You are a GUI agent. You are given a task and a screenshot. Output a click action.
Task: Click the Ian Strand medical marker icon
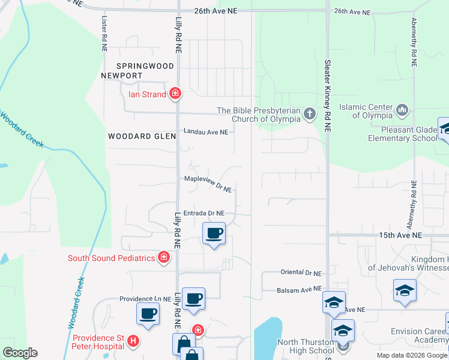coord(175,93)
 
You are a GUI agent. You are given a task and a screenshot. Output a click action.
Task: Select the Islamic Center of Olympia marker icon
coord(402,110)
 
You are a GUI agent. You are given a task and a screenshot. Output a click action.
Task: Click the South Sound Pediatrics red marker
coord(163,258)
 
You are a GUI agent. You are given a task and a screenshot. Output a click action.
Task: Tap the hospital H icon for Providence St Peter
coord(134,341)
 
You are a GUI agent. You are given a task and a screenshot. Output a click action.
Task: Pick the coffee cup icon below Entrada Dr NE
coord(214,233)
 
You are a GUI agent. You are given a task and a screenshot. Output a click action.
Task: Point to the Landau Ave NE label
coord(206,132)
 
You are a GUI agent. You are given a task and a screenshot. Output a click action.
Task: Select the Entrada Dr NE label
coord(204,213)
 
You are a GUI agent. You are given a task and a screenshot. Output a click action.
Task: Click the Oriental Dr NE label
coord(301,272)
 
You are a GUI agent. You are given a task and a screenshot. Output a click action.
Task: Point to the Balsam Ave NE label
coord(300,289)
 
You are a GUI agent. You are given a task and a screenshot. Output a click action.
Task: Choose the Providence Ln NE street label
coord(145,299)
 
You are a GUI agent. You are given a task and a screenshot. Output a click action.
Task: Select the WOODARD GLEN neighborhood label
coord(142,137)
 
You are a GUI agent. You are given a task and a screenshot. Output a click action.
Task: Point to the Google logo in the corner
coord(20,353)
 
